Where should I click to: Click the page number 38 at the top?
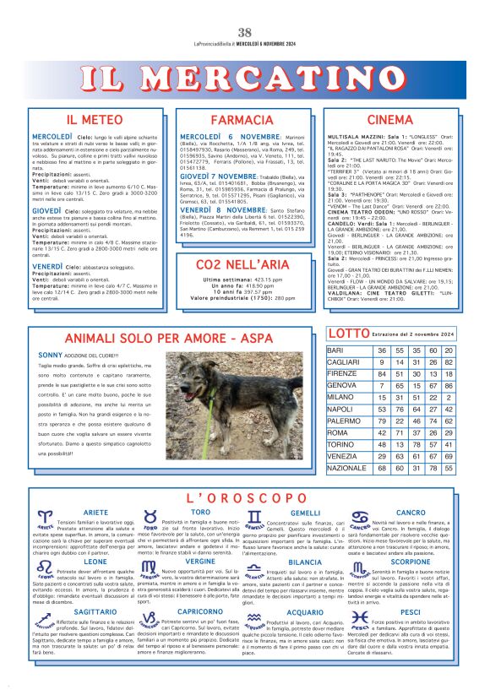point(244,33)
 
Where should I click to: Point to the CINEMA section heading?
point(391,120)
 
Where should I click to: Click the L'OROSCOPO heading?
point(244,499)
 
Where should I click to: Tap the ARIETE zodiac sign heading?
point(95,513)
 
